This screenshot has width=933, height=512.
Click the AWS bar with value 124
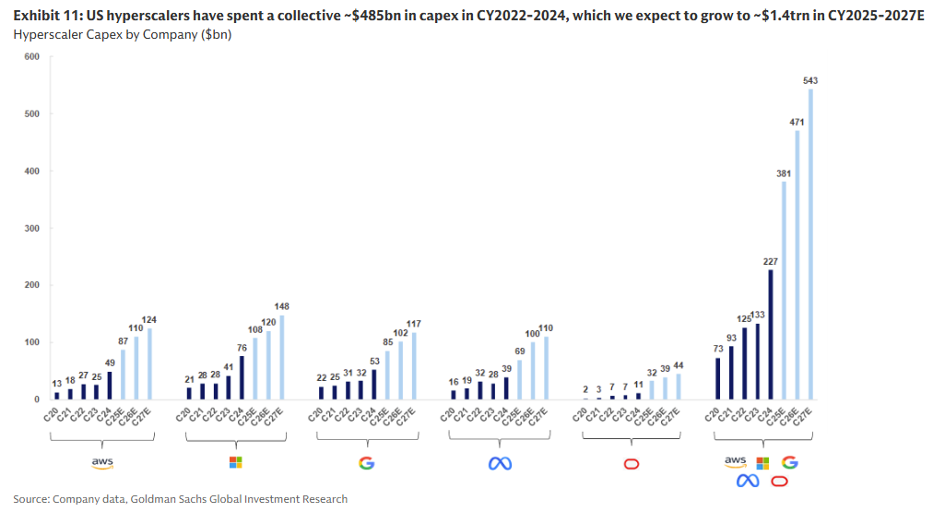(149, 363)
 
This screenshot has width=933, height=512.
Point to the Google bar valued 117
(414, 365)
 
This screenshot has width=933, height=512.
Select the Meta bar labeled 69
(519, 379)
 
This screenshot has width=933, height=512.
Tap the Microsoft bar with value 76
(242, 377)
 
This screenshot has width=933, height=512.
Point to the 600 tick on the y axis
(32, 56)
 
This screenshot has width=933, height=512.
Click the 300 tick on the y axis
(32, 228)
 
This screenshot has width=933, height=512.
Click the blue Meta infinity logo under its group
(500, 463)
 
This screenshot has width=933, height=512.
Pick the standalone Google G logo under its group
(367, 463)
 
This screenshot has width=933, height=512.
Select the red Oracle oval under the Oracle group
(632, 463)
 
